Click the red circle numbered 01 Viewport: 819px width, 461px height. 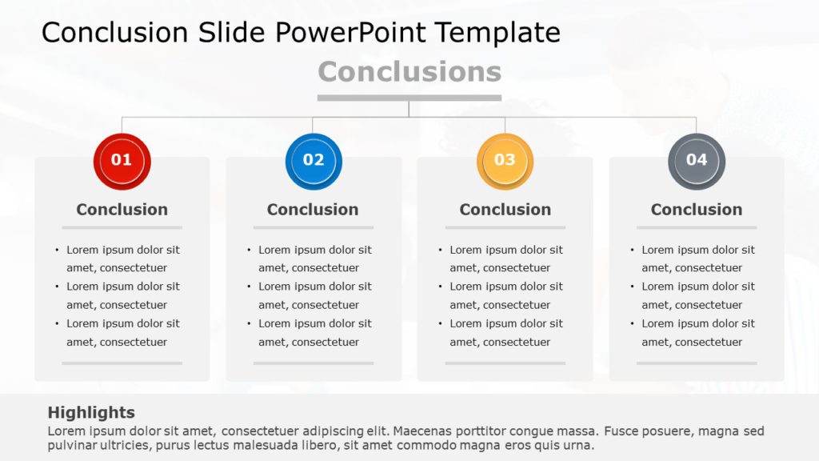tap(122, 161)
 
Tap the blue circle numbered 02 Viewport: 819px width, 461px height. tap(314, 161)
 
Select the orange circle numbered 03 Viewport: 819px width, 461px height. tap(505, 161)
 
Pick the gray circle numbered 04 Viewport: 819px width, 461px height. tap(697, 161)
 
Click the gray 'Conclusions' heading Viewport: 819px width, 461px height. tap(409, 72)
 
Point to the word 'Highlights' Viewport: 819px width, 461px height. tap(91, 413)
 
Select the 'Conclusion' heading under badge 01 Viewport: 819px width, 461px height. tap(122, 210)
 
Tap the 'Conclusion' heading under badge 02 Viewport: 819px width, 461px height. tap(313, 210)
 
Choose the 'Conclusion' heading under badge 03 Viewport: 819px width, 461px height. tap(505, 210)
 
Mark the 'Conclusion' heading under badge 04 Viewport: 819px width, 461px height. tap(696, 210)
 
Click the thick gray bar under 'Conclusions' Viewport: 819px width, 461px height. tap(409, 98)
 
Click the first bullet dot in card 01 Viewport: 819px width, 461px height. tap(57, 250)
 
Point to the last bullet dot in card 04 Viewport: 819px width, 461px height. tap(632, 324)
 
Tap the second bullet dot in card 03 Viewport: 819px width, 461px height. tap(441, 287)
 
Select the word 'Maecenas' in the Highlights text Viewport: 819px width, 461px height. tap(421, 431)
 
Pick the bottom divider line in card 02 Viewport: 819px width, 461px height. tap(314, 363)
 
